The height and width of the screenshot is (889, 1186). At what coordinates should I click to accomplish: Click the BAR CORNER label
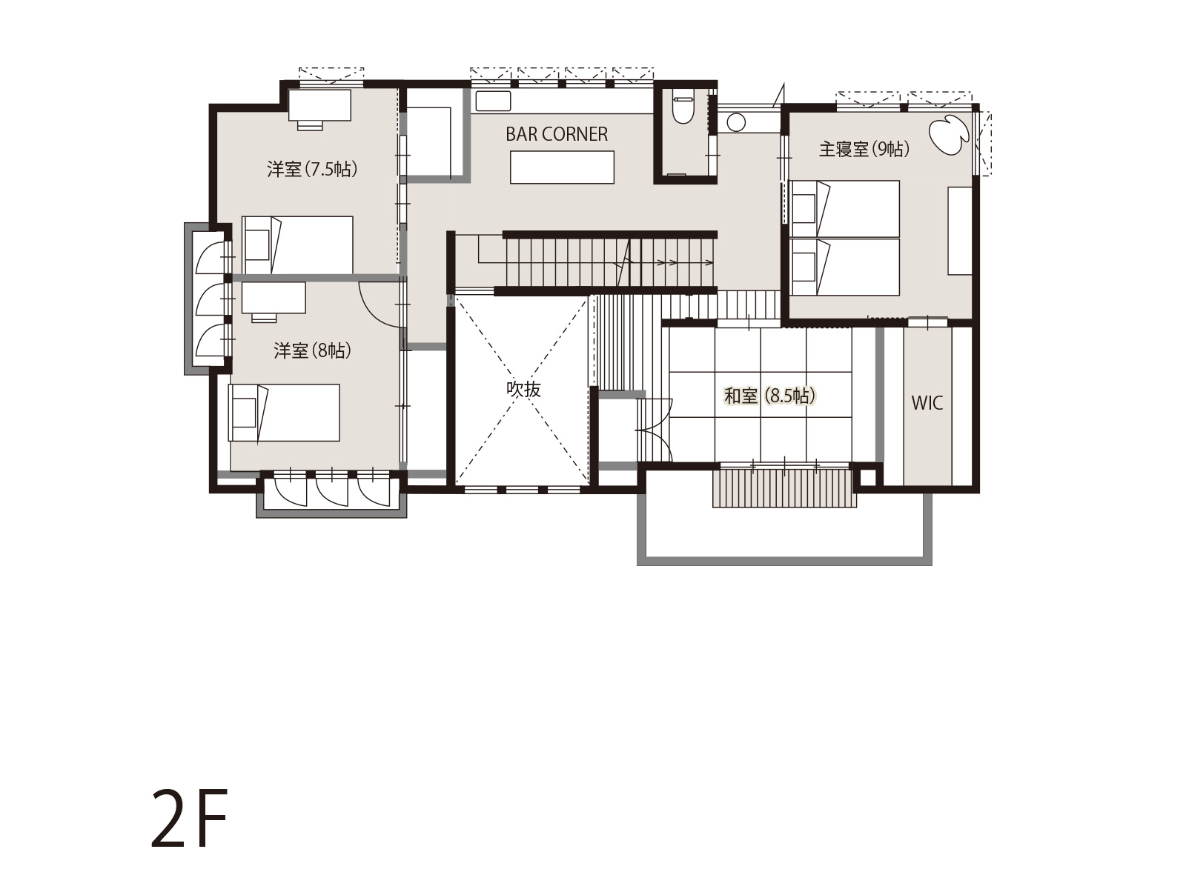click(557, 134)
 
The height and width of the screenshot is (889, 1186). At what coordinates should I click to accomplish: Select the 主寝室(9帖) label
click(864, 148)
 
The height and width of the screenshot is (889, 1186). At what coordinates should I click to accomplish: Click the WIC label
click(927, 403)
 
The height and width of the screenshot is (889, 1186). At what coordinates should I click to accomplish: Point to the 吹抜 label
click(523, 389)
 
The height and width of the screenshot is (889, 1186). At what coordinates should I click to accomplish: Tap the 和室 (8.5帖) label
click(769, 396)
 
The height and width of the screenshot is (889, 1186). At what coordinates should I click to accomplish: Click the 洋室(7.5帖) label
click(312, 170)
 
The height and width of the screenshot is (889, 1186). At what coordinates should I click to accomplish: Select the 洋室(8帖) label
click(312, 351)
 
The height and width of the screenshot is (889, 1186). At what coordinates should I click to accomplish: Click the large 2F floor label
click(188, 819)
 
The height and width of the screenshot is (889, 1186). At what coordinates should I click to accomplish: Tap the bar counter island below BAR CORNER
click(562, 167)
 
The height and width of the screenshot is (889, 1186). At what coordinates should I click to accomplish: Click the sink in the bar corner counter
click(493, 101)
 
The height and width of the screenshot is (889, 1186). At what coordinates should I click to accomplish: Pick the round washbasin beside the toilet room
click(736, 122)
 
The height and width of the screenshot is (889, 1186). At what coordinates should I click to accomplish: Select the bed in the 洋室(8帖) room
click(284, 413)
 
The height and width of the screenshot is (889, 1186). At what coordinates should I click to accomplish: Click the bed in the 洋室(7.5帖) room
click(297, 246)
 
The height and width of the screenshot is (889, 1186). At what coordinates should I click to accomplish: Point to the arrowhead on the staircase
click(709, 263)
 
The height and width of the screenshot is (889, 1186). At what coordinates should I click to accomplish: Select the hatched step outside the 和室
click(784, 488)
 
